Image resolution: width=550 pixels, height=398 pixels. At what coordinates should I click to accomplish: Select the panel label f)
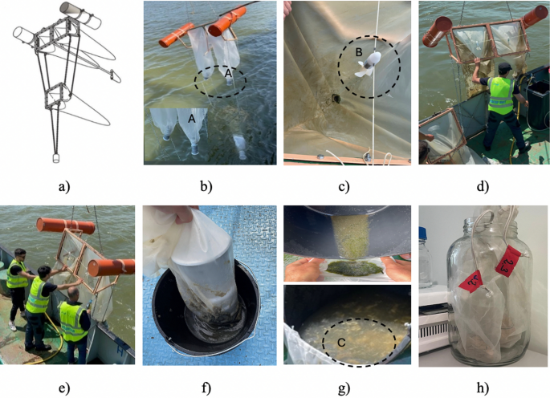pos(206,388)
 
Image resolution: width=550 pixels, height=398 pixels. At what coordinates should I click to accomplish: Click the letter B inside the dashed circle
pos(360,54)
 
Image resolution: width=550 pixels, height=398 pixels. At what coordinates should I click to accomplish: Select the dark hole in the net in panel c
pos(336,99)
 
